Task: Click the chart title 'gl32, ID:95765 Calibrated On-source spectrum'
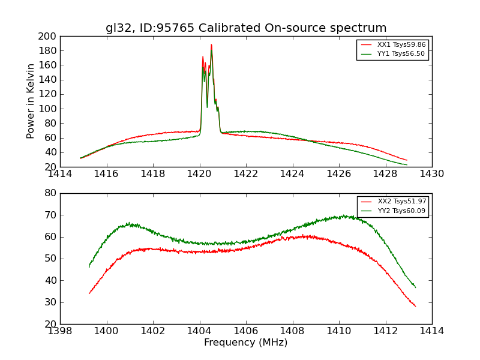pyautogui.click(x=246, y=28)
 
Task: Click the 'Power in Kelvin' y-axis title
pyautogui.click(x=31, y=101)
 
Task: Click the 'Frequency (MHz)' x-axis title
pyautogui.click(x=245, y=343)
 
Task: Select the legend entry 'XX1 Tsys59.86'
pyautogui.click(x=401, y=45)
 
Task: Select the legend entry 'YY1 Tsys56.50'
pyautogui.click(x=401, y=54)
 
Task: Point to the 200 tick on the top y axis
pyautogui.click(x=48, y=36)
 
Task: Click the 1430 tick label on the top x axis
pyautogui.click(x=431, y=174)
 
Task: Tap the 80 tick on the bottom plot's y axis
pyautogui.click(x=50, y=193)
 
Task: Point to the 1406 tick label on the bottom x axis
pyautogui.click(x=246, y=331)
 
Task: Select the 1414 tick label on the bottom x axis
pyautogui.click(x=431, y=331)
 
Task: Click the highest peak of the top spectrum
pyautogui.click(x=211, y=44)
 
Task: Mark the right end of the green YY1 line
pyautogui.click(x=407, y=164)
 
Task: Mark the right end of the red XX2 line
pyautogui.click(x=415, y=306)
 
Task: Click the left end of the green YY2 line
pyautogui.click(x=89, y=267)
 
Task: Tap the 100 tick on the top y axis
pyautogui.click(x=48, y=109)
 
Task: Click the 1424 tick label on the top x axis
pyautogui.click(x=292, y=174)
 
